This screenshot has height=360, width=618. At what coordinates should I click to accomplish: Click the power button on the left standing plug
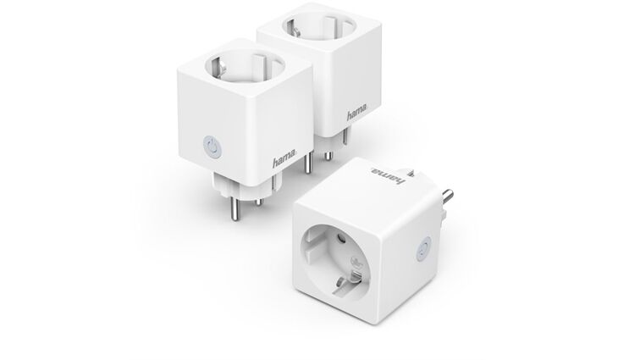tap(212, 147)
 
